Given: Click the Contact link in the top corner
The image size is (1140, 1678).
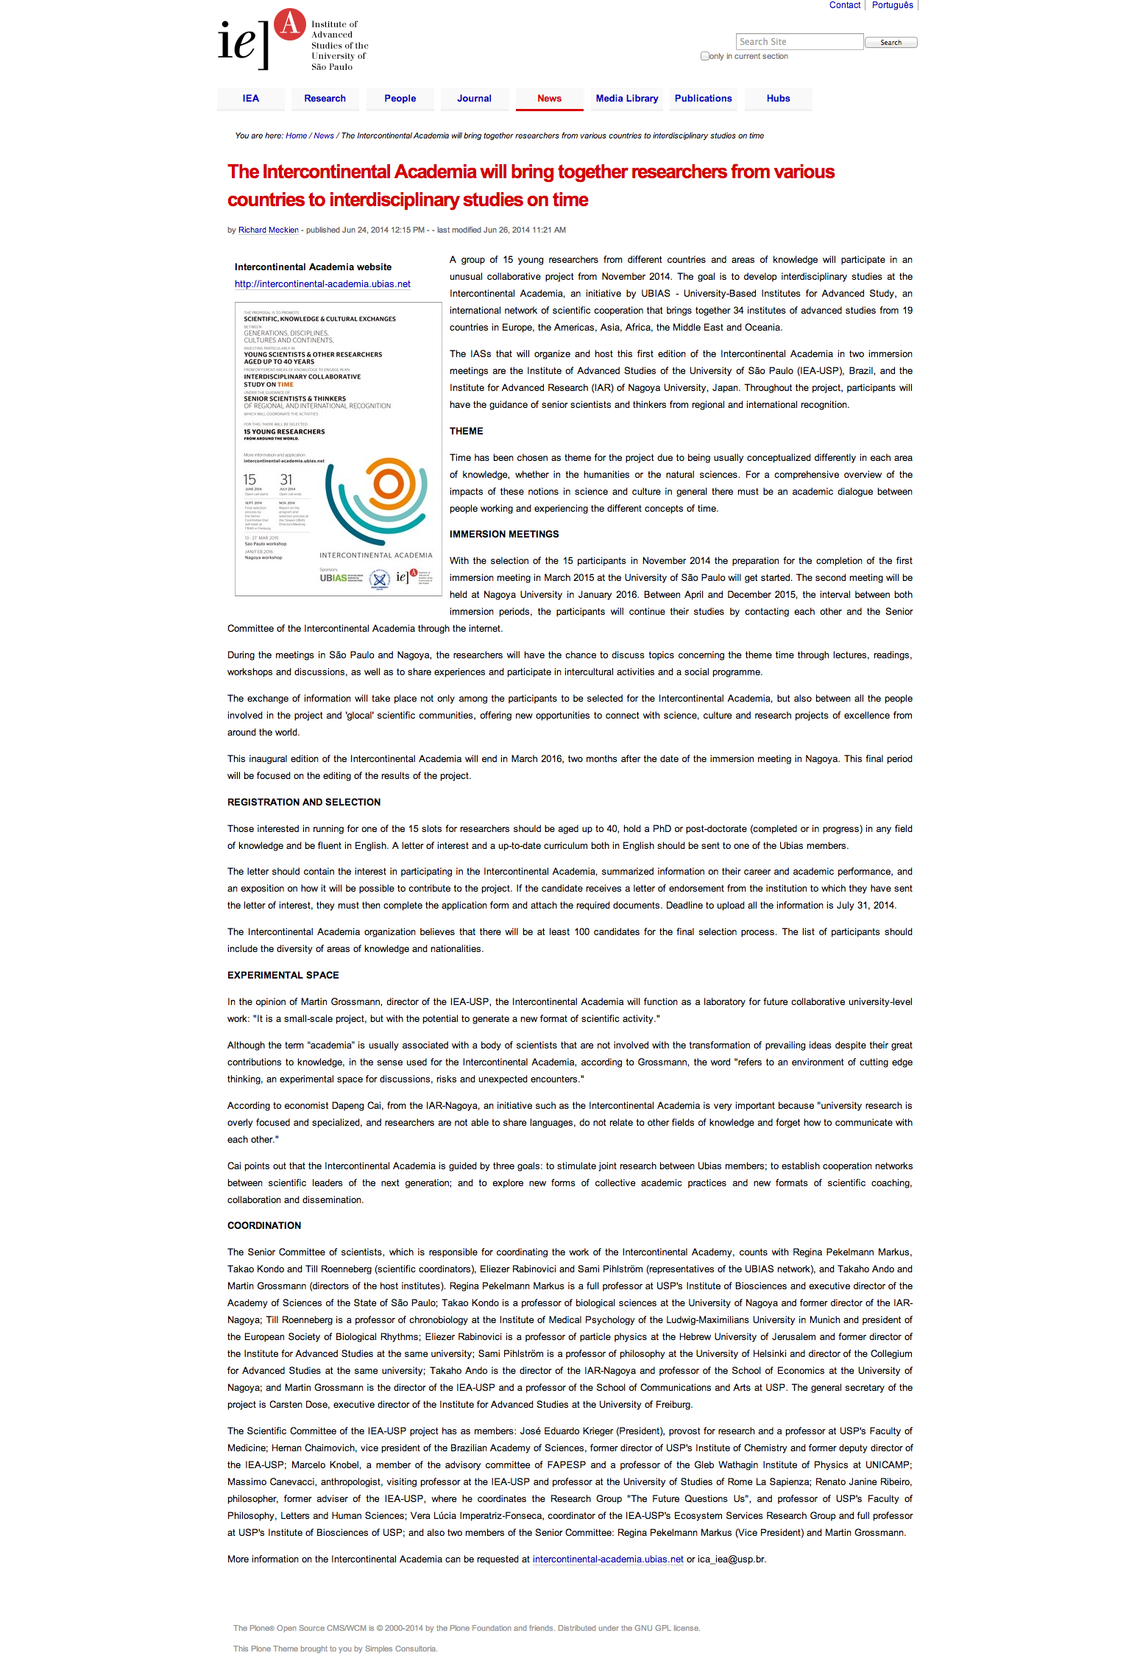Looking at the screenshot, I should [844, 5].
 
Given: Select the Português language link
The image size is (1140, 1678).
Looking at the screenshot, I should [892, 5].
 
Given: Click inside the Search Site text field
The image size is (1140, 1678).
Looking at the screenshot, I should [799, 42].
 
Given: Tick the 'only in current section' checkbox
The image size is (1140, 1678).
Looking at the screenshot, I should [705, 56].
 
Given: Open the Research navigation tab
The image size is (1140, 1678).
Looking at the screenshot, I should [325, 99].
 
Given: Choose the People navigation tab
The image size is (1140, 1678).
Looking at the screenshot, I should [400, 99].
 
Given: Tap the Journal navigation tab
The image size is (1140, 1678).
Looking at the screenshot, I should [474, 99].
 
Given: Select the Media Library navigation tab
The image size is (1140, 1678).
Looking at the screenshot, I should [626, 99].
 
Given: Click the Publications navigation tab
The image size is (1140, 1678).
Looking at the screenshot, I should [703, 99].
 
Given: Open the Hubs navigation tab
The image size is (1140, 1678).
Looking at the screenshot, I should [778, 99].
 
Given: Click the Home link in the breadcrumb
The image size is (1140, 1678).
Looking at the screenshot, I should [296, 136].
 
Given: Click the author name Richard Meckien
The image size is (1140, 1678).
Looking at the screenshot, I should [268, 230].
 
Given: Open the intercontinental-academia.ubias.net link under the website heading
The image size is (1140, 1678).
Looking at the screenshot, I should [322, 284].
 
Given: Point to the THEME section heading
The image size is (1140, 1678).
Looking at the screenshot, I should [467, 431].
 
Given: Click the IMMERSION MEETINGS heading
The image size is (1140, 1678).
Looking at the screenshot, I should [504, 535].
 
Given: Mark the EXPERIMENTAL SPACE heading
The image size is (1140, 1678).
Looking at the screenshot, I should [283, 976].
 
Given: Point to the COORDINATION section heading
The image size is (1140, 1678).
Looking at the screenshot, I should [264, 1226].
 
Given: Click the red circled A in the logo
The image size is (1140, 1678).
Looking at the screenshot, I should [290, 24].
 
